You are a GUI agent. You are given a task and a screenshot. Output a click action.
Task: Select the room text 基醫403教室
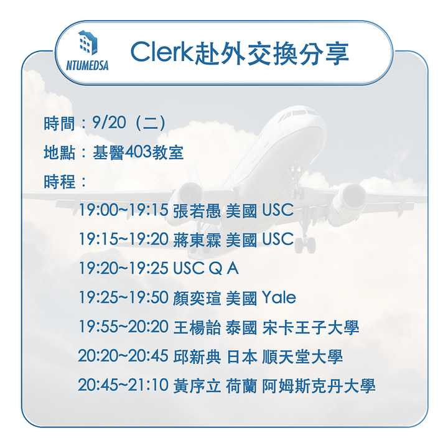pyautogui.click(x=138, y=152)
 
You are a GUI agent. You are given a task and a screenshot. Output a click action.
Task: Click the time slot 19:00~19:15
pyautogui.click(x=124, y=210)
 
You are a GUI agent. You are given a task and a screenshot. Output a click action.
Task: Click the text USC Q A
pyautogui.click(x=206, y=269)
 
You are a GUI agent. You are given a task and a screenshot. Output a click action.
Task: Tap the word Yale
pyautogui.click(x=279, y=298)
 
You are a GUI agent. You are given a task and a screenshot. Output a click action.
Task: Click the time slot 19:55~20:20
pyautogui.click(x=124, y=327)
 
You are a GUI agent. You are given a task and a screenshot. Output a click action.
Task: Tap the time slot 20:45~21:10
pyautogui.click(x=124, y=385)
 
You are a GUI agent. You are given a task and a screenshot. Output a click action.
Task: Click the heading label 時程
pyautogui.click(x=60, y=182)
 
